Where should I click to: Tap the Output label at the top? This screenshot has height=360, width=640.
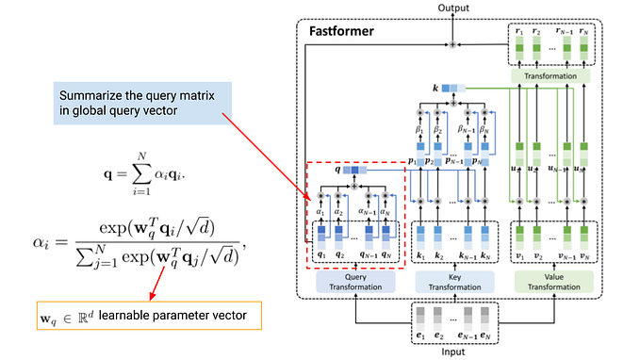452,8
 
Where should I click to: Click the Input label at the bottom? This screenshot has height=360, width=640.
454,352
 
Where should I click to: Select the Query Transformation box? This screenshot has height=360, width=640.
354,280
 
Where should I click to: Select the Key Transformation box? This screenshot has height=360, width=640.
454,280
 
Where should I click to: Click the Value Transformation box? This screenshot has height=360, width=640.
553,280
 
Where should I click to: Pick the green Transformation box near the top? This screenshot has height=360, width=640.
552,74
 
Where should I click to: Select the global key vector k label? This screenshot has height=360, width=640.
435,88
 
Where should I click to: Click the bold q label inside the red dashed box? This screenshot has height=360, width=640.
337,171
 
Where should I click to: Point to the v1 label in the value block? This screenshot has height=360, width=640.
520,256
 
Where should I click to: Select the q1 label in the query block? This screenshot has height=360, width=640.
320,256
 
